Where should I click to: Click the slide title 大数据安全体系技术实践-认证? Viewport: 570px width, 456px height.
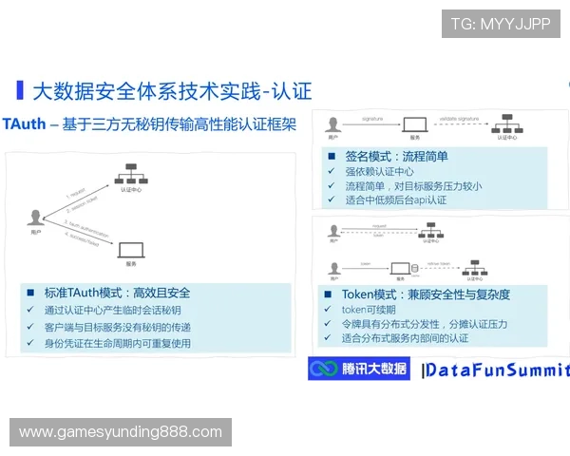tap(172, 91)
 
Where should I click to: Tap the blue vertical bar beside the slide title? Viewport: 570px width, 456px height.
tap(20, 90)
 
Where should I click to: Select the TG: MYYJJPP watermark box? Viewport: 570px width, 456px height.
tap(501, 24)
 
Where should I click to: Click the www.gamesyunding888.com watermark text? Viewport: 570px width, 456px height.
tap(121, 432)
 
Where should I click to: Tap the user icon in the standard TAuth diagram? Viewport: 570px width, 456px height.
tap(36, 218)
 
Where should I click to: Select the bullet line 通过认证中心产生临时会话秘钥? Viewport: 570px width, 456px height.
tap(112, 311)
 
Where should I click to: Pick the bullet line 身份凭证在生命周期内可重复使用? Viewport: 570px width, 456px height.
tap(118, 343)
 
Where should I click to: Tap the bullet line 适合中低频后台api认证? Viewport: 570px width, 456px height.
tap(395, 200)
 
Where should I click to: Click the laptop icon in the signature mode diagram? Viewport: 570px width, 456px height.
tap(414, 123)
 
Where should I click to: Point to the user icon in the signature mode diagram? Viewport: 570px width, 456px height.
tap(333, 123)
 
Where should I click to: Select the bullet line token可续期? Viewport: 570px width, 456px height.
tap(369, 310)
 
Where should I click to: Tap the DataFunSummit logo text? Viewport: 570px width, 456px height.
tap(495, 370)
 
